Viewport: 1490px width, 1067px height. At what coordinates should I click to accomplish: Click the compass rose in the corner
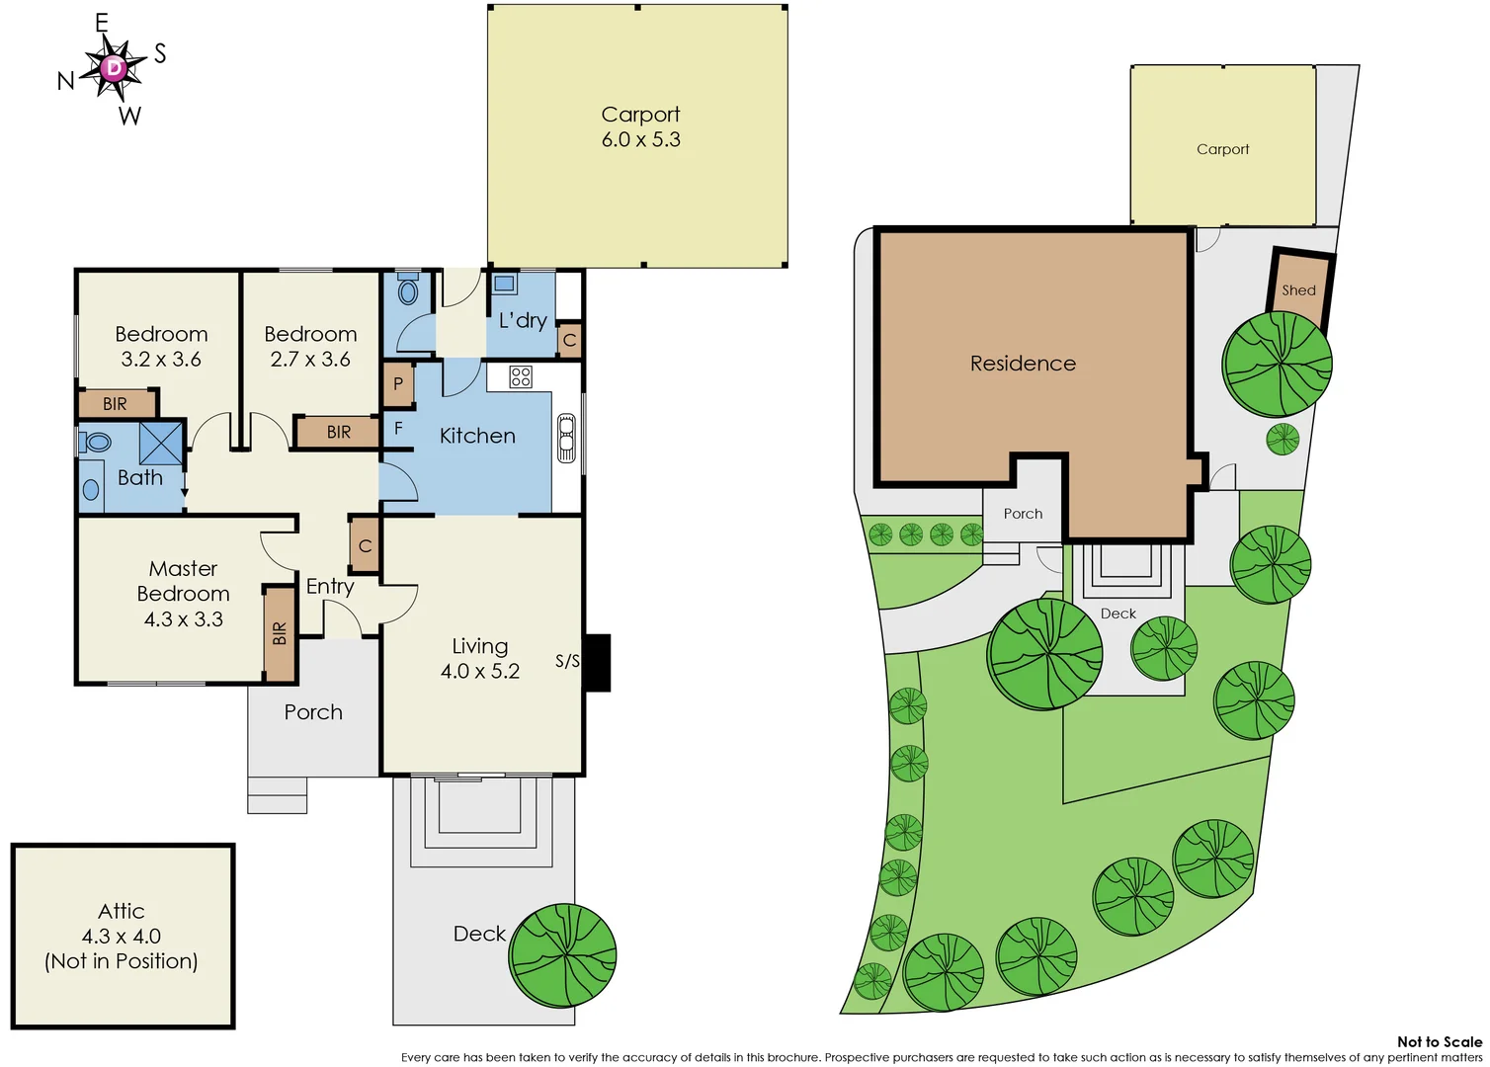click(115, 68)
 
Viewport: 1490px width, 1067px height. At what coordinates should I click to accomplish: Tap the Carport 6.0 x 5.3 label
click(640, 127)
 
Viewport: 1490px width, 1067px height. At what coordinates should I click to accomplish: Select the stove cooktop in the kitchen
click(521, 376)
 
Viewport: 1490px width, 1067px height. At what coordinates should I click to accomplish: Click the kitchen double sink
click(566, 438)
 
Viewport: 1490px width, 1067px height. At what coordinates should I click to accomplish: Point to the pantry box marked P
click(397, 384)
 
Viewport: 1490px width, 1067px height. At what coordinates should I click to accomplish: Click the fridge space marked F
click(398, 429)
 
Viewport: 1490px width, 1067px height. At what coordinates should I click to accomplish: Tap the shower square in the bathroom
click(160, 443)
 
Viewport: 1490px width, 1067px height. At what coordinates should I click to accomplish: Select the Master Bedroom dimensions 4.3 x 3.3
click(184, 619)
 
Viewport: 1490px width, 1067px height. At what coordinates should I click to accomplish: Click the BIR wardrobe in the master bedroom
click(280, 633)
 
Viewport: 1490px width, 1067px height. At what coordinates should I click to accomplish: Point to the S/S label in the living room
click(567, 661)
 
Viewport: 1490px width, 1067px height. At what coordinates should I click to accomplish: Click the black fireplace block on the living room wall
click(598, 662)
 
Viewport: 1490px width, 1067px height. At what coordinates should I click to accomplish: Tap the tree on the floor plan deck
click(562, 955)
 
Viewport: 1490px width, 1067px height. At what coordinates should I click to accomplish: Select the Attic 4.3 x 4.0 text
click(122, 936)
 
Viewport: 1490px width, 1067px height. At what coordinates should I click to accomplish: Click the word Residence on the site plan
click(1023, 364)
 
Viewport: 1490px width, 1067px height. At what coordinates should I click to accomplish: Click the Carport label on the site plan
click(1222, 149)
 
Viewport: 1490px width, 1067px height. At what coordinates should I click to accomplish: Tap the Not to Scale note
click(1439, 1041)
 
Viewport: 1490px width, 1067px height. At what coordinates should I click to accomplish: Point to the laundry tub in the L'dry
click(505, 285)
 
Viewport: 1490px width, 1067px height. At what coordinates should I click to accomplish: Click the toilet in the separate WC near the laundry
click(408, 290)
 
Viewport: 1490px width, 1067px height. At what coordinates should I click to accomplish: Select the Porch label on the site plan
click(1023, 514)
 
